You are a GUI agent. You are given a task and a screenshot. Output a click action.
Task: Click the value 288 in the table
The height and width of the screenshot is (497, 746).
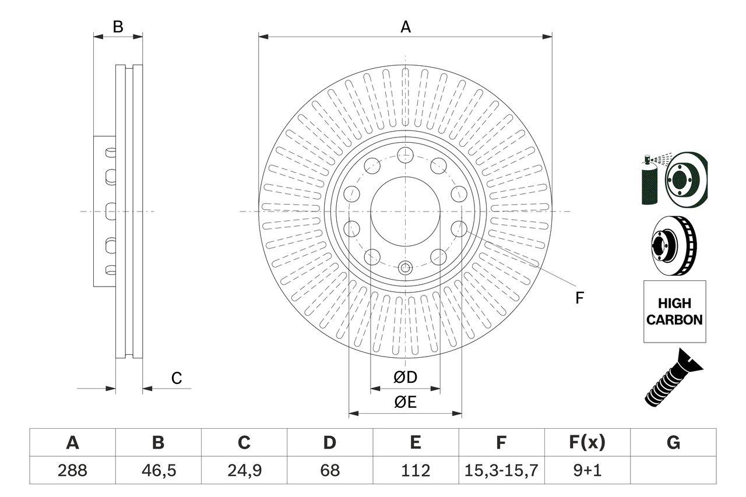[72, 470]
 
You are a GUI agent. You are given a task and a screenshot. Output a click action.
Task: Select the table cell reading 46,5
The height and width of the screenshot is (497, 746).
[158, 470]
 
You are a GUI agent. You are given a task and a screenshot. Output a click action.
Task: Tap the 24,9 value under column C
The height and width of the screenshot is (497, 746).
[244, 470]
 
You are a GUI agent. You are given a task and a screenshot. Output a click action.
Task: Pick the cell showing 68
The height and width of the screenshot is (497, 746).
[330, 470]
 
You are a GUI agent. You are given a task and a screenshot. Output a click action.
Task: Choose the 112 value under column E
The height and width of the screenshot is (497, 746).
[415, 470]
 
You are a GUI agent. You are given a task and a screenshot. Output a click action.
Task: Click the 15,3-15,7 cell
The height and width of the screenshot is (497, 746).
[501, 470]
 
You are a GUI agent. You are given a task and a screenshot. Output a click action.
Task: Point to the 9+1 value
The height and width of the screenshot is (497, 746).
[587, 470]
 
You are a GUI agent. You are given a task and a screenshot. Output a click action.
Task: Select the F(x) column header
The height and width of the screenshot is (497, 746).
[587, 443]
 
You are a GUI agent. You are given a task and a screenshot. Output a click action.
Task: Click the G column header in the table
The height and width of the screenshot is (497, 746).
[673, 443]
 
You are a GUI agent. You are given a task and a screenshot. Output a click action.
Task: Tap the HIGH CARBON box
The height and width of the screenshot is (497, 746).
[674, 311]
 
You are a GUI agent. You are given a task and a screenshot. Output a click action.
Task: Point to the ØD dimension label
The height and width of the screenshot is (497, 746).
[405, 378]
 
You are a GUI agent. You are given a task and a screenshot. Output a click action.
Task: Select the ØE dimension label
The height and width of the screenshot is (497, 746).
[405, 403]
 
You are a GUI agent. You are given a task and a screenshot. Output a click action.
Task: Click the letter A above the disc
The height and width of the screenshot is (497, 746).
[405, 27]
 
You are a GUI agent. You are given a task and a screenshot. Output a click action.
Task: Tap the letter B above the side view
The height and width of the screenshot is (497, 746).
[118, 27]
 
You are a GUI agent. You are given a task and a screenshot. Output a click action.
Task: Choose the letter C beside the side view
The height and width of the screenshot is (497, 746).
[177, 379]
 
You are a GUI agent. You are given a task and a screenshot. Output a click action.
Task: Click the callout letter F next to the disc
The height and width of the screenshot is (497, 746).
[579, 298]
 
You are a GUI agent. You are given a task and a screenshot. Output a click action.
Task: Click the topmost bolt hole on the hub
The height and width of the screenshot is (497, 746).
[404, 156]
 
